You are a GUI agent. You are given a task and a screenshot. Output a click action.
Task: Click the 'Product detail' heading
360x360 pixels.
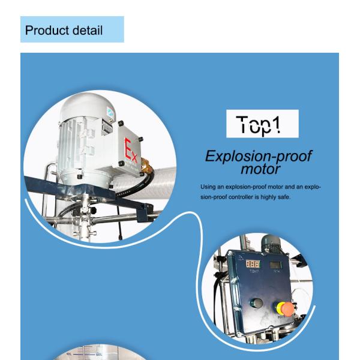coord(64,30)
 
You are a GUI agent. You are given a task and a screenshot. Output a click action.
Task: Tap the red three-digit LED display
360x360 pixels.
coord(253,264)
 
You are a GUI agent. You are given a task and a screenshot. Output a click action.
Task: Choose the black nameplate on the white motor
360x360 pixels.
coord(107,126)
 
